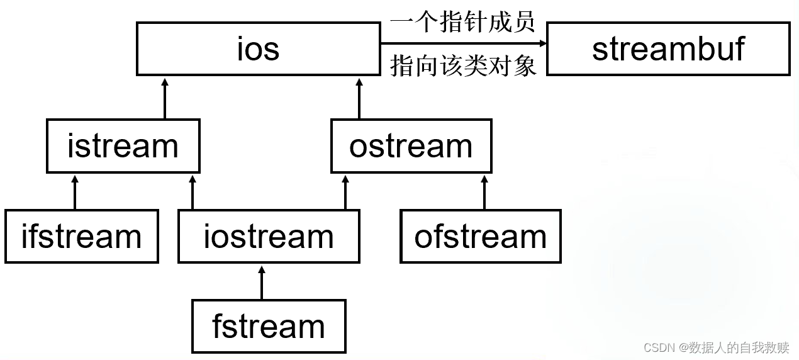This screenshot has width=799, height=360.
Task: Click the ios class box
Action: pos(258,49)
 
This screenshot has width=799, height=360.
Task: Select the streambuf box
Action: pos(668,49)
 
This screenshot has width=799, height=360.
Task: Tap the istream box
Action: pos(123,146)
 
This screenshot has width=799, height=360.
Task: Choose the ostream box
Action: pos(411,146)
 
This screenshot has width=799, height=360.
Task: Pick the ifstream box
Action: pos(81,236)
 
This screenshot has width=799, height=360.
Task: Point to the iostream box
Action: pos(269,236)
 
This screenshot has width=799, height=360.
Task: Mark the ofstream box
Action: pos(480,236)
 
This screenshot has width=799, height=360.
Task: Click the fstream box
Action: pos(269,326)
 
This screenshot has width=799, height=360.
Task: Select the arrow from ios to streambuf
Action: pos(462,43)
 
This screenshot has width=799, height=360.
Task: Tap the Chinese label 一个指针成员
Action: pos(462,22)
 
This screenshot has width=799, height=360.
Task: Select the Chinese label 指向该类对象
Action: pos(462,65)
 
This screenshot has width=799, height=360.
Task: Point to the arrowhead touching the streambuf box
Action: pos(542,43)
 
